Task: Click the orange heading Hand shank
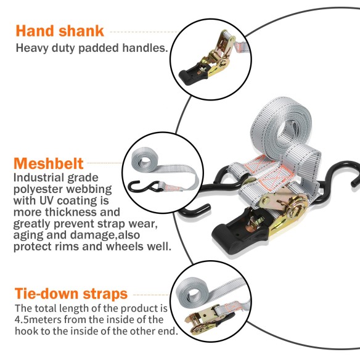60,30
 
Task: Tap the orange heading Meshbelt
48,165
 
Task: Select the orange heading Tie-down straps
71,293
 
